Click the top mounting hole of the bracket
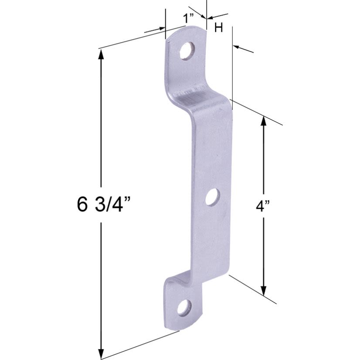[187, 51]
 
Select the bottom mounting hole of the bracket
[184, 308]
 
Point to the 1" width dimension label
[188, 19]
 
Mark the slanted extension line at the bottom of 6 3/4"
[139, 345]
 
